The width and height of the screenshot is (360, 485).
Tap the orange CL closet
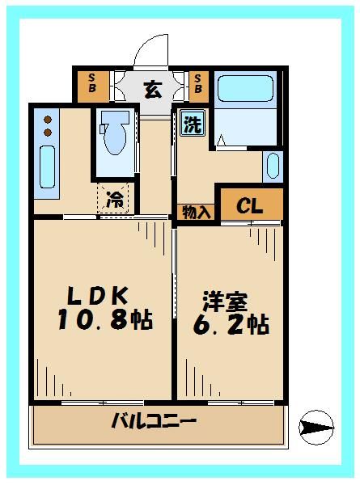252,206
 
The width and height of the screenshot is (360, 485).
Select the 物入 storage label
195,212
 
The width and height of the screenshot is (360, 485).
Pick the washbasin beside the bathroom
272,167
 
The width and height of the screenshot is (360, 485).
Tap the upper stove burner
47,118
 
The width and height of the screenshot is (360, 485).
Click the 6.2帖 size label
231,325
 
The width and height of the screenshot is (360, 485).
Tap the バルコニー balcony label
155,421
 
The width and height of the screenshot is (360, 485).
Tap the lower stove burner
47,132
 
